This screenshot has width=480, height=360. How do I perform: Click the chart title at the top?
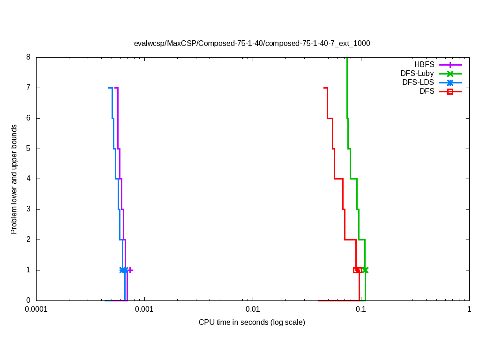pos(252,44)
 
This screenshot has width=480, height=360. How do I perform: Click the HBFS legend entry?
pos(424,65)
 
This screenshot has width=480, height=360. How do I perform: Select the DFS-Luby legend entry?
pos(417,74)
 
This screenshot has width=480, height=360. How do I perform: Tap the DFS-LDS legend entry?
pos(418,82)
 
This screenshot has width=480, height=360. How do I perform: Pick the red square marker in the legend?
pos(450,91)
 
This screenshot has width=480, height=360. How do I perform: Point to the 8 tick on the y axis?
pos(28,57)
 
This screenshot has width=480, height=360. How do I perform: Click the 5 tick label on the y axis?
pos(28,149)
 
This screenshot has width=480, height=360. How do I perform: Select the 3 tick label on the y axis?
pos(28,209)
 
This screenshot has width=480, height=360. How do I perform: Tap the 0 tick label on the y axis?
pos(28,300)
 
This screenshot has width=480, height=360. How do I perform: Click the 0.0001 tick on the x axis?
pos(36,309)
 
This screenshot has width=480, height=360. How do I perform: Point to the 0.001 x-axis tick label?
pos(144,309)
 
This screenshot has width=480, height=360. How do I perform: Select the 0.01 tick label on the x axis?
pos(253,309)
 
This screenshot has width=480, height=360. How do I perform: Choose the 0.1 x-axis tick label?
pos(361,309)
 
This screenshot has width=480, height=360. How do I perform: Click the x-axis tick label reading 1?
pos(469,309)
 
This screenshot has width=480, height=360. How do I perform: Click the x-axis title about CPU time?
pos(252,322)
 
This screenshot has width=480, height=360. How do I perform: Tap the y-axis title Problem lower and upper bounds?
pos(14,179)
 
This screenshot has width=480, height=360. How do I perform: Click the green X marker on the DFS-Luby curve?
pos(365,270)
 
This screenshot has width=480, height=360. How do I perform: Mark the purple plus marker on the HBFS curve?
pos(130,270)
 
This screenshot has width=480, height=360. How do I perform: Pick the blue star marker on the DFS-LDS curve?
pos(123,270)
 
